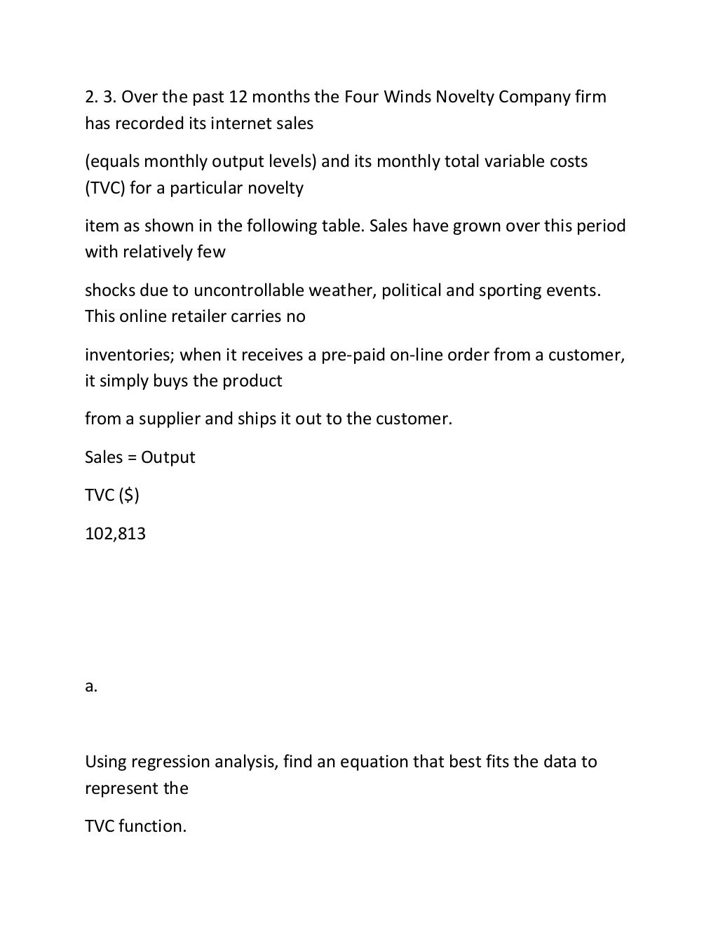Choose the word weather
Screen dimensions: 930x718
(344, 290)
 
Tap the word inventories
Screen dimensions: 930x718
(129, 355)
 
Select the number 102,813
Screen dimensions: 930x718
(116, 534)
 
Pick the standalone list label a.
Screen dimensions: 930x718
(91, 687)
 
